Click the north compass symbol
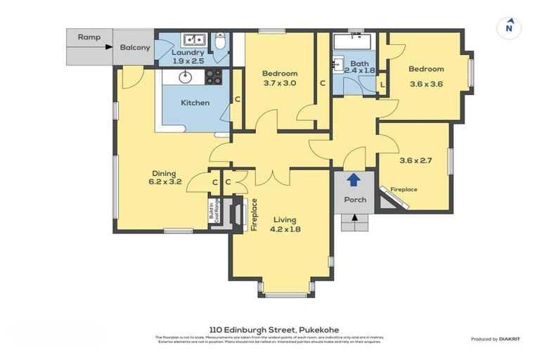click(x=508, y=28)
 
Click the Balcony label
click(x=134, y=47)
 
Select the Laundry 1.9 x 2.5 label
click(x=188, y=56)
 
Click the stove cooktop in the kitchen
click(x=214, y=76)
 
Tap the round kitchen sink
click(x=186, y=76)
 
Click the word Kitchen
click(x=195, y=103)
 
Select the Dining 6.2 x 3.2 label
click(x=165, y=177)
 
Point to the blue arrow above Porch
click(x=354, y=180)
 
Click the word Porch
click(x=354, y=199)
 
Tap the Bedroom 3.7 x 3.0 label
click(x=280, y=78)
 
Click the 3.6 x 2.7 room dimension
click(x=416, y=160)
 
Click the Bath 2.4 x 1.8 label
click(x=359, y=66)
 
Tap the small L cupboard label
click(x=382, y=85)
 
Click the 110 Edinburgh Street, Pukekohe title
click(x=270, y=329)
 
